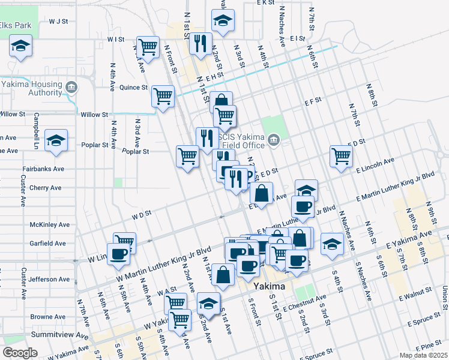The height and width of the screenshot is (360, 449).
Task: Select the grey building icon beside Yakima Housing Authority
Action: (x=71, y=88)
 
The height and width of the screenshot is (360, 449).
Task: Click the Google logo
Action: (x=20, y=353)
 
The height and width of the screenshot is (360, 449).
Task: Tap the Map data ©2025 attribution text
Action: (x=423, y=355)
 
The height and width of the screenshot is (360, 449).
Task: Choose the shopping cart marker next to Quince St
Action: (x=163, y=95)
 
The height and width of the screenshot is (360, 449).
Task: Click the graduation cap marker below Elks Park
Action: (x=21, y=46)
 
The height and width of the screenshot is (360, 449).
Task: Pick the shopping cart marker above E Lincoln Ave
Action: (x=341, y=155)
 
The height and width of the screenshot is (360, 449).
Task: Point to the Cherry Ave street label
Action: (x=46, y=188)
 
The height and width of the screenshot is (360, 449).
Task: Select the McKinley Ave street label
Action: (x=49, y=225)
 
